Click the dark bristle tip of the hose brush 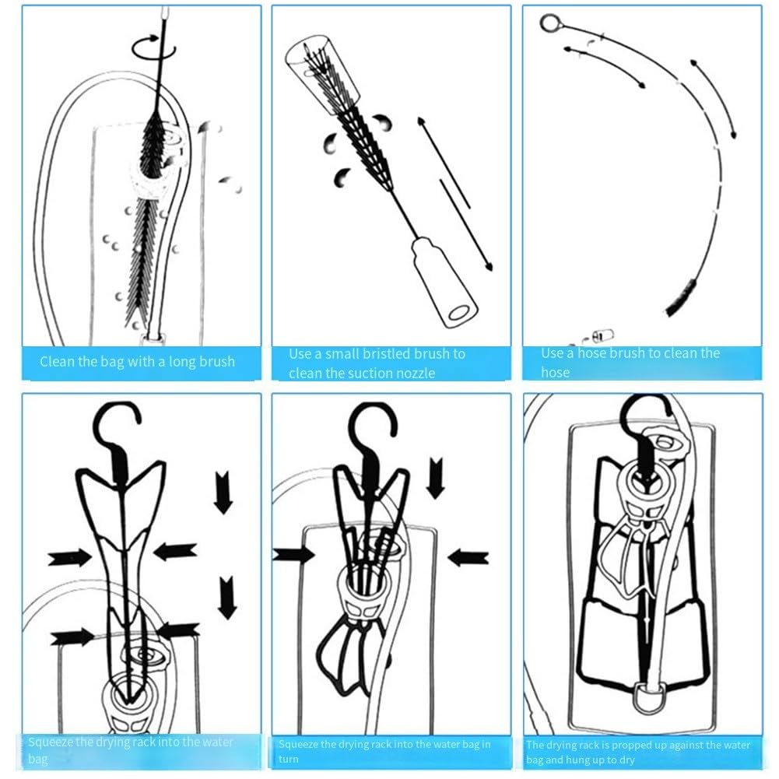coord(681,298)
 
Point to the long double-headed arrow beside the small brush coord(455,194)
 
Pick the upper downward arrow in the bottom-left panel coord(223,492)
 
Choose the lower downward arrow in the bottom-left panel coord(227,597)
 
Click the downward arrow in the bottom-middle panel coord(436,478)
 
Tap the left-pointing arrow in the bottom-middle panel coord(468,557)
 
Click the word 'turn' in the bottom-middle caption coord(288,759)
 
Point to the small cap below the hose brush coord(600,335)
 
